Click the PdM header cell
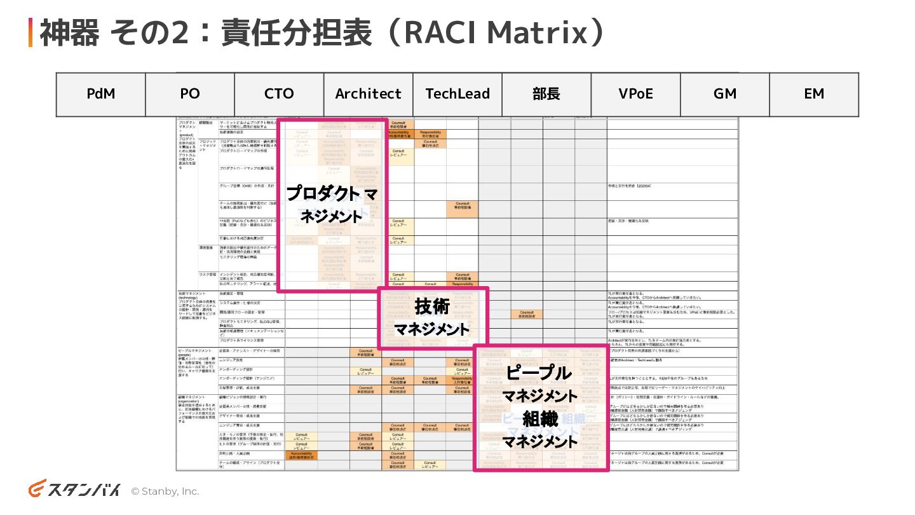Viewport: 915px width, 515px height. pyautogui.click(x=101, y=94)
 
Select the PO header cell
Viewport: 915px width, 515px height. pyautogui.click(x=190, y=94)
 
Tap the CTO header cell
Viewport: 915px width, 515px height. pyautogui.click(x=279, y=94)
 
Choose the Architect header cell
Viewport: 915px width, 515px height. pyautogui.click(x=369, y=94)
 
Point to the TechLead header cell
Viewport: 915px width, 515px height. pyautogui.click(x=457, y=94)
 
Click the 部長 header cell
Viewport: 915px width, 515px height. pyautogui.click(x=546, y=94)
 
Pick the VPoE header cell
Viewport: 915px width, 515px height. pyautogui.click(x=635, y=94)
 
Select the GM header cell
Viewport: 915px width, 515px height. pyautogui.click(x=725, y=94)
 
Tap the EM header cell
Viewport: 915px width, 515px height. pyautogui.click(x=814, y=94)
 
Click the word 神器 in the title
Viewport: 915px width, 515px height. pyautogui.click(x=70, y=33)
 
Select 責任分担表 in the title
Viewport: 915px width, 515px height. pyautogui.click(x=296, y=33)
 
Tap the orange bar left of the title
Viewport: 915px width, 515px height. pyautogui.click(x=30, y=33)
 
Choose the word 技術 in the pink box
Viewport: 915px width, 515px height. pyautogui.click(x=432, y=306)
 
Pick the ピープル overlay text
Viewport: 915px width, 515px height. pyautogui.click(x=539, y=373)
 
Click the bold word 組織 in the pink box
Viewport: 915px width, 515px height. pyautogui.click(x=540, y=418)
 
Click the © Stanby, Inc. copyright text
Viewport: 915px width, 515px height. pyautogui.click(x=165, y=491)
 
